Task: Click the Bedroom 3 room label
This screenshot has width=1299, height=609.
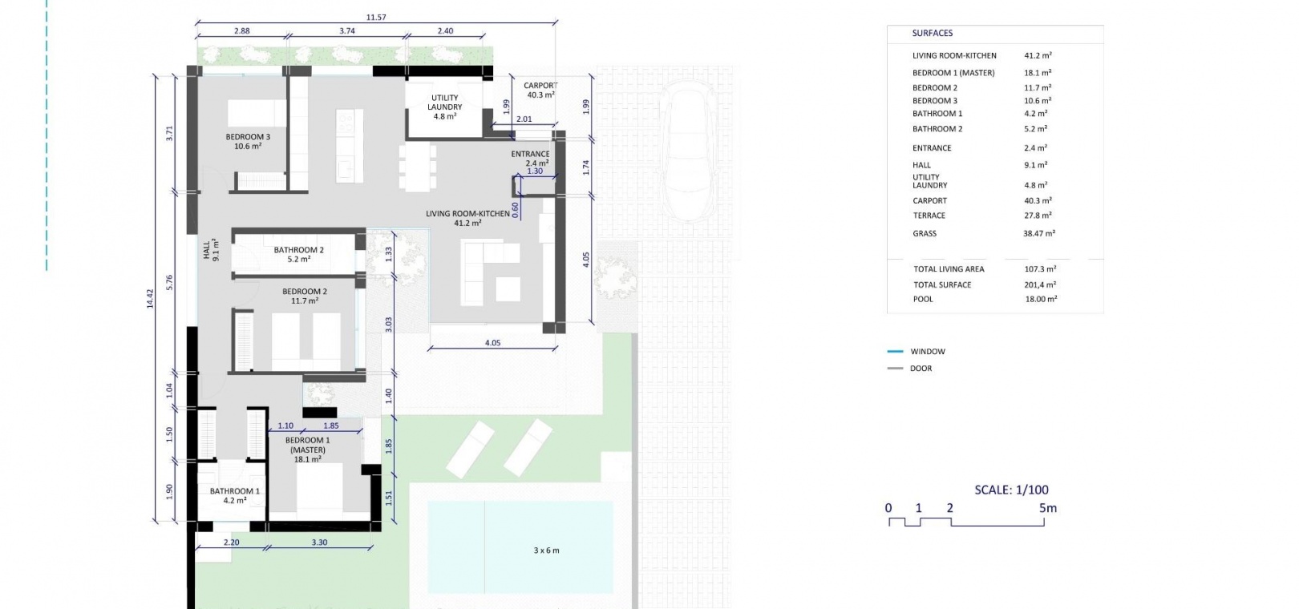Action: (248, 141)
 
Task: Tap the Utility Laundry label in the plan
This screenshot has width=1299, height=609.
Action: (445, 107)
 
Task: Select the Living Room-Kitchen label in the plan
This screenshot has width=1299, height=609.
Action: (467, 218)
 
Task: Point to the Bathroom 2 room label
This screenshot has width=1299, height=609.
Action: (298, 254)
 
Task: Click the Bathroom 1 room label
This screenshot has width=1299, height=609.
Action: (235, 495)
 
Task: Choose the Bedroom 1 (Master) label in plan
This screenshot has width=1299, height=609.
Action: (307, 450)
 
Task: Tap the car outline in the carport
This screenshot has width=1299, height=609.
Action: (688, 150)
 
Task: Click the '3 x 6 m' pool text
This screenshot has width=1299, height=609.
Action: (546, 551)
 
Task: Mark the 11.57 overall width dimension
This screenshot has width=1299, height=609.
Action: (376, 18)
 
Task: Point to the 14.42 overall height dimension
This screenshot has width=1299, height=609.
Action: (150, 298)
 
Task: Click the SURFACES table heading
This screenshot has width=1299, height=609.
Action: (932, 33)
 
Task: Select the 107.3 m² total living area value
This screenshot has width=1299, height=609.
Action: (1040, 269)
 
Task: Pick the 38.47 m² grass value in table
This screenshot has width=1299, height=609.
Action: (1039, 233)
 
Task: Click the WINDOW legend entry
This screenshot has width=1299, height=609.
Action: (927, 351)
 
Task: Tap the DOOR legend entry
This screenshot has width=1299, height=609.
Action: (921, 368)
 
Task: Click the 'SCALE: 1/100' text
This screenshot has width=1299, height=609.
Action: (1011, 490)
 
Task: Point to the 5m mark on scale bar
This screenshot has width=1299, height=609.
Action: (1047, 508)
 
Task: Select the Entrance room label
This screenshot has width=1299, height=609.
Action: (530, 158)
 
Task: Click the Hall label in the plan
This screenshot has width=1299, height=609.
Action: (211, 250)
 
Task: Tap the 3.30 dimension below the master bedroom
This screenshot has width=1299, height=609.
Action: (319, 542)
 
